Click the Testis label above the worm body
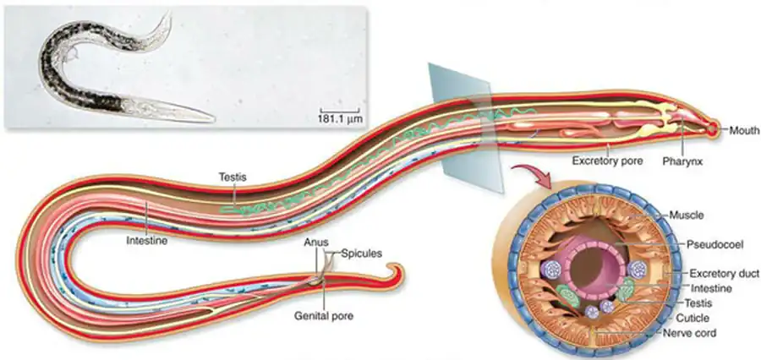pyautogui.click(x=231, y=177)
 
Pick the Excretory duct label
pyautogui.click(x=724, y=273)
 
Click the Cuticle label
pyautogui.click(x=698, y=318)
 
